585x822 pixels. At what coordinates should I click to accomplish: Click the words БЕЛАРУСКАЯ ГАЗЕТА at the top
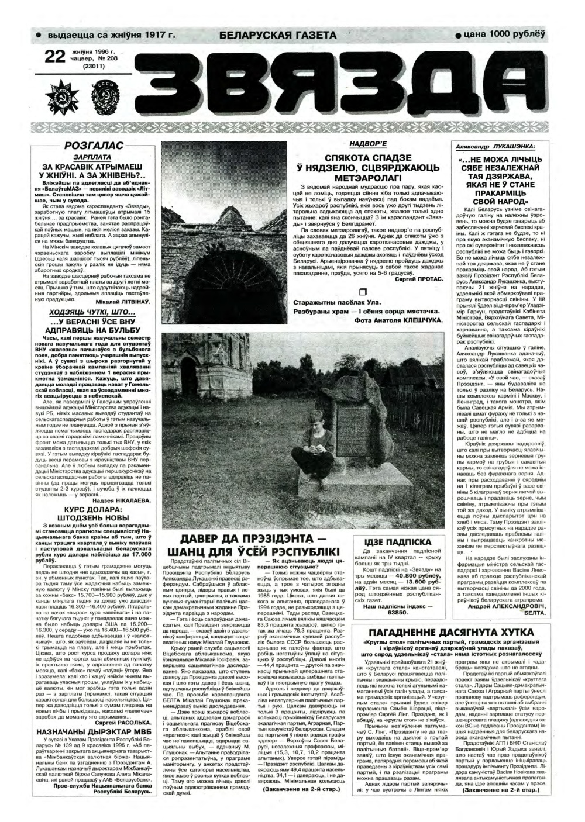(x=278, y=36)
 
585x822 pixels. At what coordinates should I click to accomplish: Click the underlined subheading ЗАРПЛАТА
(x=92, y=157)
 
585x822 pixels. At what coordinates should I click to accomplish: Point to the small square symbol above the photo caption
(x=363, y=292)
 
